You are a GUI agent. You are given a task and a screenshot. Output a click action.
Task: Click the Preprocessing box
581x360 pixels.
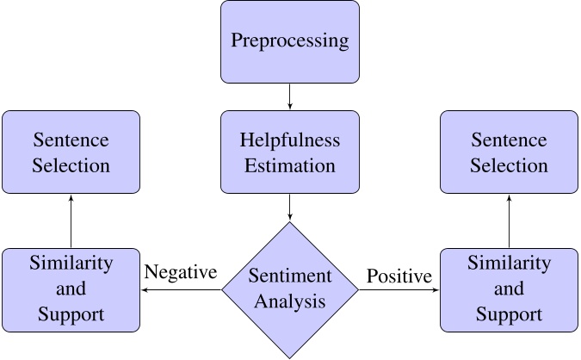[290, 41]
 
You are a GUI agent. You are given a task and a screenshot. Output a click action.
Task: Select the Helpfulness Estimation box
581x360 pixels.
[290, 152]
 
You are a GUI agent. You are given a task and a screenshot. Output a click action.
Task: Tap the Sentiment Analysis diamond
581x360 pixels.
[290, 289]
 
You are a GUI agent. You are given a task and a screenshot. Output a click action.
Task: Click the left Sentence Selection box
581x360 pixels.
[71, 152]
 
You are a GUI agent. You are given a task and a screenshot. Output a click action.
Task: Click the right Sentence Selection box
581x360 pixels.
[510, 152]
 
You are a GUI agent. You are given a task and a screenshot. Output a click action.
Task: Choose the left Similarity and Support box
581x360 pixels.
[71, 289]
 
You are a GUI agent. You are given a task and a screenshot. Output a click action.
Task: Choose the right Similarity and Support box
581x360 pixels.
[510, 289]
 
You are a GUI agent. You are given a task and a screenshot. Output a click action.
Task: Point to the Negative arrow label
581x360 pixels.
[181, 272]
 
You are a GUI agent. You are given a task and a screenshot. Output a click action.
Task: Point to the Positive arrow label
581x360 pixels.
[399, 276]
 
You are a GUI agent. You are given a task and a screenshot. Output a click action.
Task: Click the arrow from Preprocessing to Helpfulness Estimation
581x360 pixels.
[290, 96]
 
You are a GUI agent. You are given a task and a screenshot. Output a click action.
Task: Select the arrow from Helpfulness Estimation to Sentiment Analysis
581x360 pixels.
[290, 207]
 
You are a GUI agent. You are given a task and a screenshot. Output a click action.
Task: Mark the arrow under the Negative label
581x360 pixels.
[181, 290]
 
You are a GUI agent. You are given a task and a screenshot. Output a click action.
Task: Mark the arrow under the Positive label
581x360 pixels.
[399, 290]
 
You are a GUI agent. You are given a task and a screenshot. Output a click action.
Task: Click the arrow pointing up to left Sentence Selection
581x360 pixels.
[71, 220]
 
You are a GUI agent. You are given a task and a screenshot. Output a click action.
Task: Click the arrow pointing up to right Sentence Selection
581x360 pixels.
[510, 220]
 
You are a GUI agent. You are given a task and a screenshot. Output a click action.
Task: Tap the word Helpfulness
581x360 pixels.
[290, 140]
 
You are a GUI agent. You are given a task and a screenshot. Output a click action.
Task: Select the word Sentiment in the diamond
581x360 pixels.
[290, 276]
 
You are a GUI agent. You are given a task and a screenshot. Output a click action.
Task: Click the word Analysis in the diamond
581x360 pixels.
[290, 301]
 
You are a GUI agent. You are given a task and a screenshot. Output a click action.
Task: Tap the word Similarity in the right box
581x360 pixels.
[510, 264]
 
